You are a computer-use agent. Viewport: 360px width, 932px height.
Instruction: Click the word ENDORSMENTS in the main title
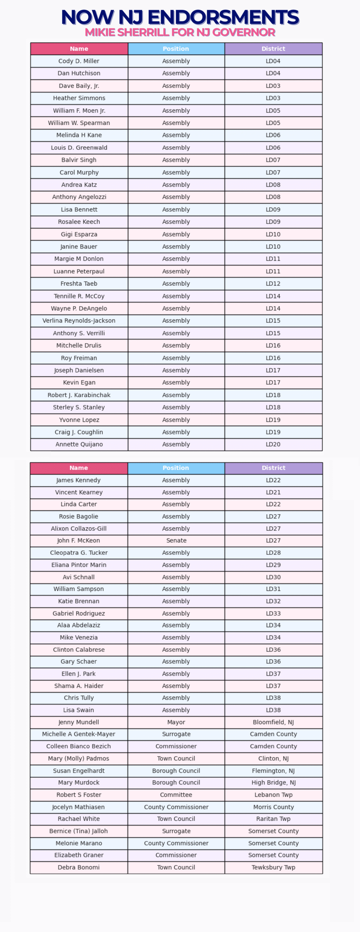223,17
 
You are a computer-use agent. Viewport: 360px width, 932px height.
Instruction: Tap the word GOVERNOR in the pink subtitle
244,32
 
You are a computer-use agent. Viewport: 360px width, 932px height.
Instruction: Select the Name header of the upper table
79,49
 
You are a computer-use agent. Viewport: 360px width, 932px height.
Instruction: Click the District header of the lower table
273,468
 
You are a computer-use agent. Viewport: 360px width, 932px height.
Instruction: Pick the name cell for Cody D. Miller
79,61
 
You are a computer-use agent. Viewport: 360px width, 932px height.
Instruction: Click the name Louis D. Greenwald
79,147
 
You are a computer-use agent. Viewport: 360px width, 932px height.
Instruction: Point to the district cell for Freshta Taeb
273,284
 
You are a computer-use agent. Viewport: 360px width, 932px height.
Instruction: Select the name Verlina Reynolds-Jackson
79,321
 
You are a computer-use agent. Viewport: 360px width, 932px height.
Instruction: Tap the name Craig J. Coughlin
79,432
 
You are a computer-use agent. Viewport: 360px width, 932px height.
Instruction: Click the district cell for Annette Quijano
273,444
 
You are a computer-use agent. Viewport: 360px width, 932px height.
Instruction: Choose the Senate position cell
176,541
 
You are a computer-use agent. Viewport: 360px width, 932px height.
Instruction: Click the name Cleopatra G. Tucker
79,553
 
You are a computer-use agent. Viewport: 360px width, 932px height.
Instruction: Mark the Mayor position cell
176,722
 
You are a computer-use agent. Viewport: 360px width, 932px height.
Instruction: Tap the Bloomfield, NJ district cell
273,722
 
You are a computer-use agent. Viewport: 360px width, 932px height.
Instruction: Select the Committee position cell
176,795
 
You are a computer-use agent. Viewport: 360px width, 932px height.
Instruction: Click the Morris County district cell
273,807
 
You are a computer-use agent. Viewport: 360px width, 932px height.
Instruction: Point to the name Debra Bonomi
79,867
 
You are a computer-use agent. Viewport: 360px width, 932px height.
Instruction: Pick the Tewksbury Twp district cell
273,867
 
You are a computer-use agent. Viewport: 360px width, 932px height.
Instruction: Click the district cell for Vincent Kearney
273,492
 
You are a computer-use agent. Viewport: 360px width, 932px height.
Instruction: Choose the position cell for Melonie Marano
176,843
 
